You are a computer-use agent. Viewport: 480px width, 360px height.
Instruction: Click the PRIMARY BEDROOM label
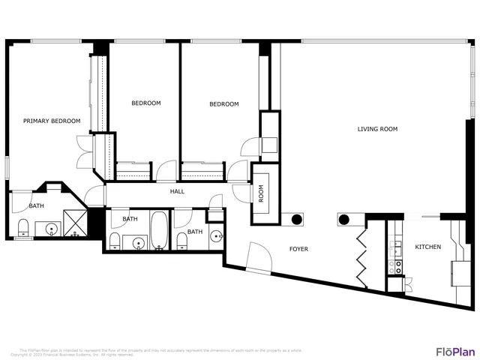(x=52, y=121)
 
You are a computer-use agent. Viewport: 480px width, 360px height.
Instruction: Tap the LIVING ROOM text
(x=376, y=129)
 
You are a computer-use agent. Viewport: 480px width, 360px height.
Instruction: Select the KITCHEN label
(x=428, y=247)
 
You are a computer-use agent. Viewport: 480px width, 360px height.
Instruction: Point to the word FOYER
(x=299, y=248)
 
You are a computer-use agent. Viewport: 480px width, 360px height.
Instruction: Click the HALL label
(x=177, y=191)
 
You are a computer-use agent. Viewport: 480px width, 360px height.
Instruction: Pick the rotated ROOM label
(x=261, y=194)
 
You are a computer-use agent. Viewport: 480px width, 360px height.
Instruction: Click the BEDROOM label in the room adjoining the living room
(x=223, y=104)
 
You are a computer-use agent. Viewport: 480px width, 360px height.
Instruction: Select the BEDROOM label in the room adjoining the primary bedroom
(x=145, y=103)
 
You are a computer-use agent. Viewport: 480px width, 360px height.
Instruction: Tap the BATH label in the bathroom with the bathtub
(x=130, y=219)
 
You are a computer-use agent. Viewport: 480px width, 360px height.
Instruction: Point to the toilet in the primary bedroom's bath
(x=22, y=228)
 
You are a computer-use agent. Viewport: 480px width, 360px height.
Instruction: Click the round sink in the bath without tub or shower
(x=216, y=237)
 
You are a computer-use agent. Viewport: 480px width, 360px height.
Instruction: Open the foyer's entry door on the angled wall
(x=259, y=259)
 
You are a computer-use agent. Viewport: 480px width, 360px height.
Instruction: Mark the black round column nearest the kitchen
(x=344, y=220)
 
